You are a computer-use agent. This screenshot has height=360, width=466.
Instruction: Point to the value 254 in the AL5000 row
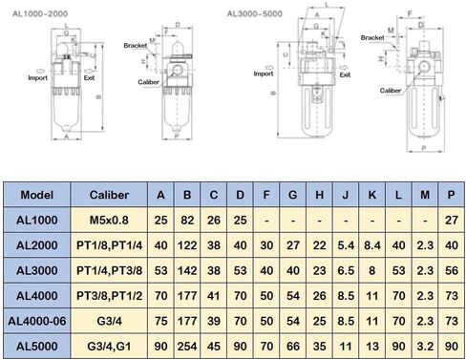tap(187, 343)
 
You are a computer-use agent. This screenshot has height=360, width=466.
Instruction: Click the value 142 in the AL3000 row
tap(187, 270)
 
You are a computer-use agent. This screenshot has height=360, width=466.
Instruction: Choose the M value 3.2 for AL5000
tap(423, 343)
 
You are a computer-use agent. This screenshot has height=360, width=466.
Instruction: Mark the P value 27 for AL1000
tap(449, 221)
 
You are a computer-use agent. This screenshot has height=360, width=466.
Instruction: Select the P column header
tap(449, 196)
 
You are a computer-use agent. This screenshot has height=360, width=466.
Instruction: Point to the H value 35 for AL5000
tap(320, 343)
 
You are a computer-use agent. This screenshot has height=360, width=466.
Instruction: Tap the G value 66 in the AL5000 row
tap(293, 343)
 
